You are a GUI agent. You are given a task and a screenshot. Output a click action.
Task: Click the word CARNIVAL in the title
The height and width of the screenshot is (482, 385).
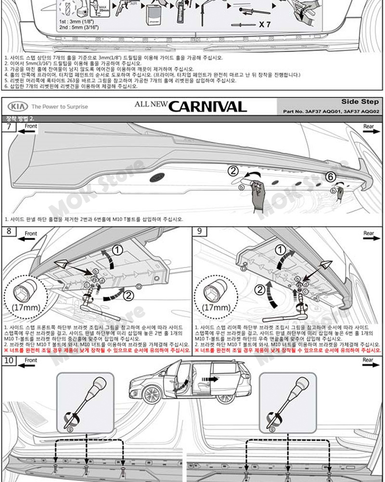(x=208, y=106)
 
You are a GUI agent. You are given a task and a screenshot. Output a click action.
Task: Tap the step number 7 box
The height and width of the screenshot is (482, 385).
(x=9, y=127)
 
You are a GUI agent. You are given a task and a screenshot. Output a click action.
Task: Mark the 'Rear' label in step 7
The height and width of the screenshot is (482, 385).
(x=369, y=126)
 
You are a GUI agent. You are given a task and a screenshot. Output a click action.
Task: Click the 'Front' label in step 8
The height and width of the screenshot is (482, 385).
(x=31, y=234)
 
